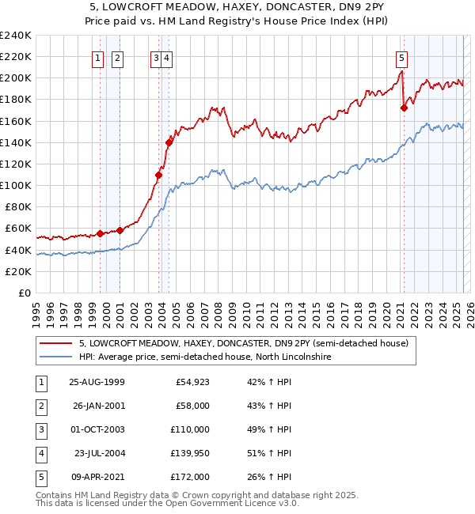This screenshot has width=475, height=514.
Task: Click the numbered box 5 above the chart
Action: point(402,57)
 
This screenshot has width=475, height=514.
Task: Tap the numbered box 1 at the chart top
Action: point(97,57)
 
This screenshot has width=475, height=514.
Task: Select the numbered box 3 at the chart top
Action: point(157,57)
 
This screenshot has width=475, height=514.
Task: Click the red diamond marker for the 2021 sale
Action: point(404,108)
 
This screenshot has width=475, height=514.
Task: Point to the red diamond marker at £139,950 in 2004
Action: point(169,142)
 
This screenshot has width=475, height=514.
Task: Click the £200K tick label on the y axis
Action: point(16,78)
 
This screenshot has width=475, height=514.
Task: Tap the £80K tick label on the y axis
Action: point(18,207)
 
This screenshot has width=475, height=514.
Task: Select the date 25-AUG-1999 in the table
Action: point(97,383)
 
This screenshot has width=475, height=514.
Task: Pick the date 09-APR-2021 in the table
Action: point(97,477)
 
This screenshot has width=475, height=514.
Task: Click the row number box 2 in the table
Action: point(40,406)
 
